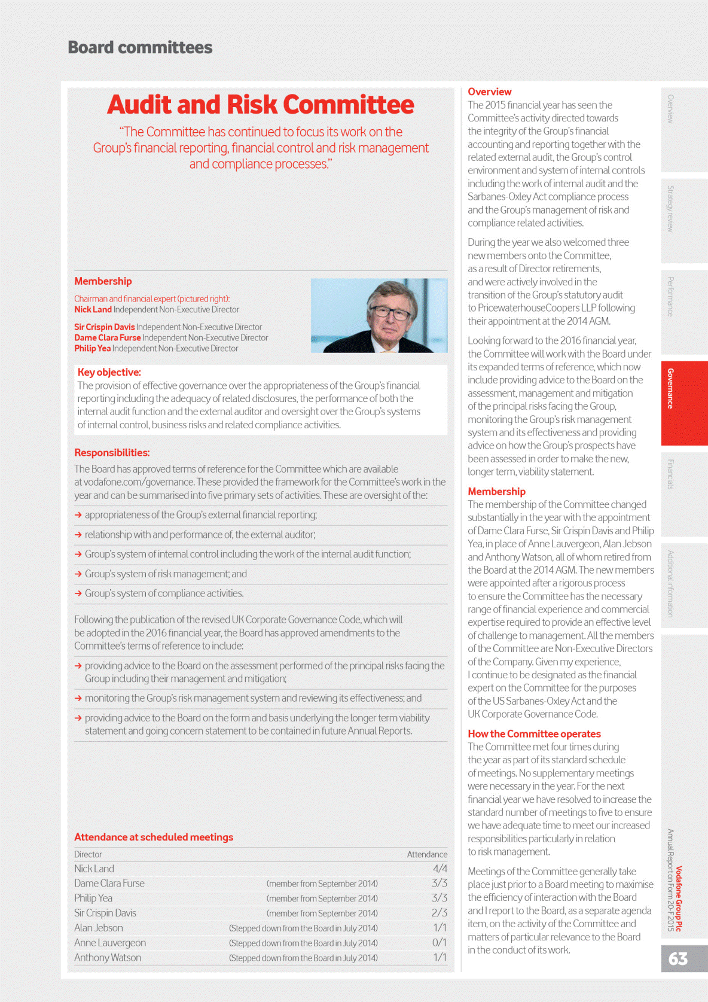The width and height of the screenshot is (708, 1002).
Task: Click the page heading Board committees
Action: (x=140, y=47)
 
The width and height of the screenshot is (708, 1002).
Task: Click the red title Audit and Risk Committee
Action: (x=260, y=105)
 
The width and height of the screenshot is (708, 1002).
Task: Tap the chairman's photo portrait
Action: (x=379, y=315)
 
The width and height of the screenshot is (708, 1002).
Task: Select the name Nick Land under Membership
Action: (x=93, y=309)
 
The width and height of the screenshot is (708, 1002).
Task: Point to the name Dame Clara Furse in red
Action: (x=108, y=337)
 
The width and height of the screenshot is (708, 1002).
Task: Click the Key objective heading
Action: (x=109, y=372)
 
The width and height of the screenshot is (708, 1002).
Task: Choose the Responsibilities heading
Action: (x=112, y=453)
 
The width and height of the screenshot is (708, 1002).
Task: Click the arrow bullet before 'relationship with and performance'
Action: (x=78, y=535)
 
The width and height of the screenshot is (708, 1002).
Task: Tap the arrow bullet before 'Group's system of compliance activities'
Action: (x=78, y=593)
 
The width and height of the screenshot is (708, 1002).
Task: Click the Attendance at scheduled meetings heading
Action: (x=154, y=837)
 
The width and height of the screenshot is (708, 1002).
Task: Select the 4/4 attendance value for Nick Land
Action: (x=440, y=869)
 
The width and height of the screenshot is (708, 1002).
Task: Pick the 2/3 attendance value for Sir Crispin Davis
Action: (x=440, y=913)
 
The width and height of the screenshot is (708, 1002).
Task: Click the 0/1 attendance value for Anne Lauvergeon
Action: (x=440, y=943)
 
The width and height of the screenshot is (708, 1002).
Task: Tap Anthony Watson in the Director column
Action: (x=108, y=958)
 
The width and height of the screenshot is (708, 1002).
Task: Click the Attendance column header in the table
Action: (x=427, y=854)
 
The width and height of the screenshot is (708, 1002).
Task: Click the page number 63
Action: (x=678, y=959)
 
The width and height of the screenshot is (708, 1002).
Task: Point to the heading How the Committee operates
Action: (x=534, y=733)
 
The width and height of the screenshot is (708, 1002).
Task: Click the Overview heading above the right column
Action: (x=489, y=92)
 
